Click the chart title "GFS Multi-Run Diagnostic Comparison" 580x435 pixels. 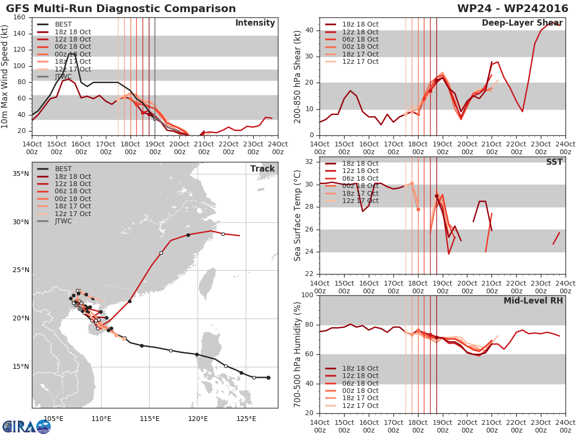[121, 8]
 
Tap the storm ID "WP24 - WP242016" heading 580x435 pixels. [513, 8]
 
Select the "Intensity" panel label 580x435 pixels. [255, 23]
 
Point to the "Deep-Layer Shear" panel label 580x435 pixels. [522, 23]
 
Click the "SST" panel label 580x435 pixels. [554, 162]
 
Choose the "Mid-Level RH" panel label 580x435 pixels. [533, 301]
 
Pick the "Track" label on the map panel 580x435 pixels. [262, 169]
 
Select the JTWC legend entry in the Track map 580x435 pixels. [54, 221]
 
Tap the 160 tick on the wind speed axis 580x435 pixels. [19, 17]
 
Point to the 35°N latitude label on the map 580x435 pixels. [21, 174]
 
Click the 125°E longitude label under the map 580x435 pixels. [246, 419]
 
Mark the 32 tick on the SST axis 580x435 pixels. [309, 161]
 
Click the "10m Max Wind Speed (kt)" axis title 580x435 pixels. [4, 76]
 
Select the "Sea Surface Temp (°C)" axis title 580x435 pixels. [297, 216]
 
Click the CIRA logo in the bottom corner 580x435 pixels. [26, 427]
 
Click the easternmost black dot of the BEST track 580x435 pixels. [268, 377]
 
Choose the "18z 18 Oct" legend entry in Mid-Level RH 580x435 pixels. [352, 368]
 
